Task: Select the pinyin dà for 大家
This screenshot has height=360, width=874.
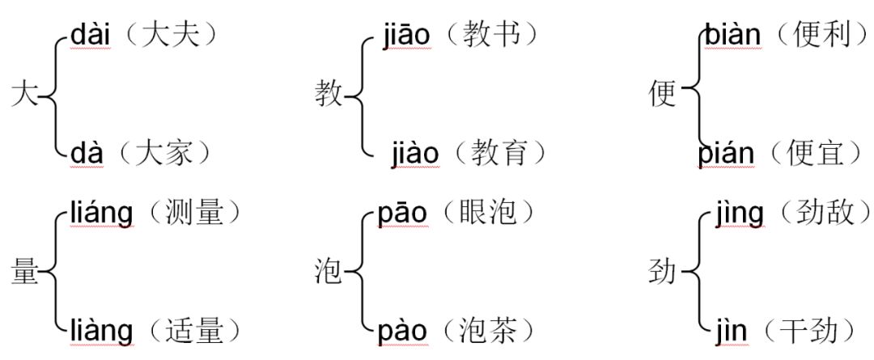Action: pos(87,152)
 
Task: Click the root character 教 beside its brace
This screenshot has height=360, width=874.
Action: pos(329,95)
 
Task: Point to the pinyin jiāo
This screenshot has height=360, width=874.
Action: pos(405,36)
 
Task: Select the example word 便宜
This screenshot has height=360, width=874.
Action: pos(817,152)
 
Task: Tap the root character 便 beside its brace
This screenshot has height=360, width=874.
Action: pos(663,95)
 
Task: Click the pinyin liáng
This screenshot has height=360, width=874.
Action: pos(101,214)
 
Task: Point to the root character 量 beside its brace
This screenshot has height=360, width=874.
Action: pos(25,273)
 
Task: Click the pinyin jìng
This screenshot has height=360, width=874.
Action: pos(740,214)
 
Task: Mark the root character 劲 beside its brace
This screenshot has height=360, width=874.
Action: pos(663,273)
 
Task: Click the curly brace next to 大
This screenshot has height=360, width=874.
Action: pos(53,95)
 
